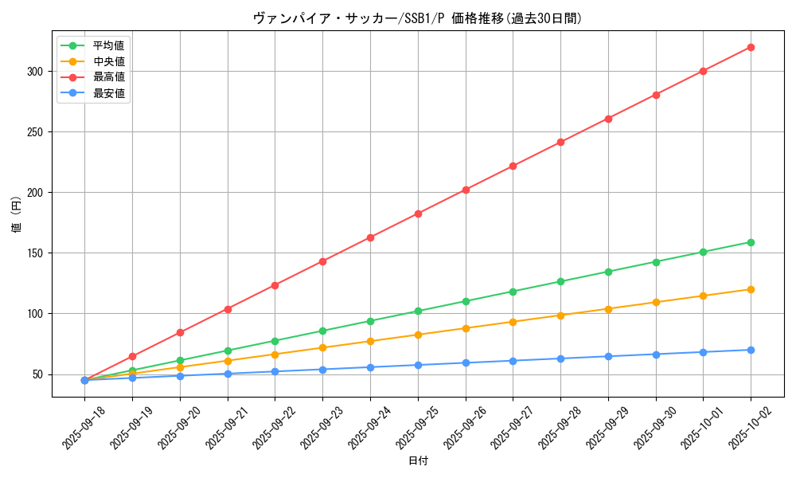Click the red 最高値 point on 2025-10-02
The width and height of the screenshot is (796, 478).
coord(751,47)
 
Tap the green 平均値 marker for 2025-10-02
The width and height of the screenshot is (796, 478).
coord(751,242)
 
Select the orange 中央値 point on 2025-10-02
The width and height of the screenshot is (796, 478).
coord(751,289)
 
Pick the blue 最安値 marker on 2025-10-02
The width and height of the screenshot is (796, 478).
coord(751,350)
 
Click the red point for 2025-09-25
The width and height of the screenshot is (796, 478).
coord(418,214)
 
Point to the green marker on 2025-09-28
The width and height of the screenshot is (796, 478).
coord(560,281)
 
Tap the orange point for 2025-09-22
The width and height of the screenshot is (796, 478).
coord(275,355)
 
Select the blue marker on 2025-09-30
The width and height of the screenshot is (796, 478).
coord(656,355)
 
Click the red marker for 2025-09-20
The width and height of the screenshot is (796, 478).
coord(180,332)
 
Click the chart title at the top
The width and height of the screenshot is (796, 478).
coord(417,18)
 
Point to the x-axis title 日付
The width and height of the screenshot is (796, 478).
coord(418,461)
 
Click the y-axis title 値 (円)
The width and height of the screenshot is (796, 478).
coord(16,214)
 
